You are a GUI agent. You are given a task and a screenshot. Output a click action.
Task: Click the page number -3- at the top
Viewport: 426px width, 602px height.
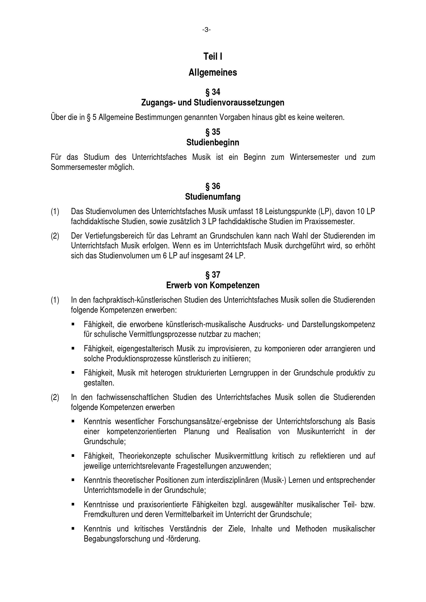coord(207,30)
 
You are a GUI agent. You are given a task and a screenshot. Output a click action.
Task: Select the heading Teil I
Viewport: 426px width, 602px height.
coord(213,57)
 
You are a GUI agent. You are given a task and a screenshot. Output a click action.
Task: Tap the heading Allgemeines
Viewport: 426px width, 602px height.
coord(213,73)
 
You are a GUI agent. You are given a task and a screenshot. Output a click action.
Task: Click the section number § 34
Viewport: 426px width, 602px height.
coord(213,92)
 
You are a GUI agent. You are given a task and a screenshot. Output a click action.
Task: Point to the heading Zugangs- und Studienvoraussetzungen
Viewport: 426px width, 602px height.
coord(213,102)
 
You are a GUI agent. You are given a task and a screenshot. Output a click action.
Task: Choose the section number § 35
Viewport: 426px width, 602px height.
coord(213,132)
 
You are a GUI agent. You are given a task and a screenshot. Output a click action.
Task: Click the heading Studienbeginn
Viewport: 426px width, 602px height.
coord(213,143)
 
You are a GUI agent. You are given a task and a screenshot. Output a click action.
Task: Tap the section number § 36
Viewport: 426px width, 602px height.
coord(213,186)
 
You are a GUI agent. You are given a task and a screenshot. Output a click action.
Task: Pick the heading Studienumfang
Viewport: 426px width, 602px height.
coord(213,197)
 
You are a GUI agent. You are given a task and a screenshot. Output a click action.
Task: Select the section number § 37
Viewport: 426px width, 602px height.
coord(213,275)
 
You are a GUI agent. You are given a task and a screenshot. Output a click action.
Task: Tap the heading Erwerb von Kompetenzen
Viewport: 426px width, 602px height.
coord(213,285)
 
